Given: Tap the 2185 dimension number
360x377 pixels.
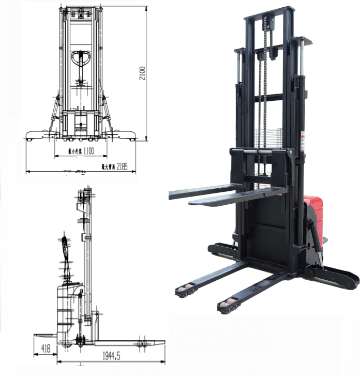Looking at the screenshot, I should (x=122, y=167).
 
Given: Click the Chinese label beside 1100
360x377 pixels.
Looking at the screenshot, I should (x=76, y=152).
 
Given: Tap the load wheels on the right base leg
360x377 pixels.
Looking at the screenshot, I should (x=227, y=305).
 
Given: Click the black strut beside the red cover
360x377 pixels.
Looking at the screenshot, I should (x=314, y=238).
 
